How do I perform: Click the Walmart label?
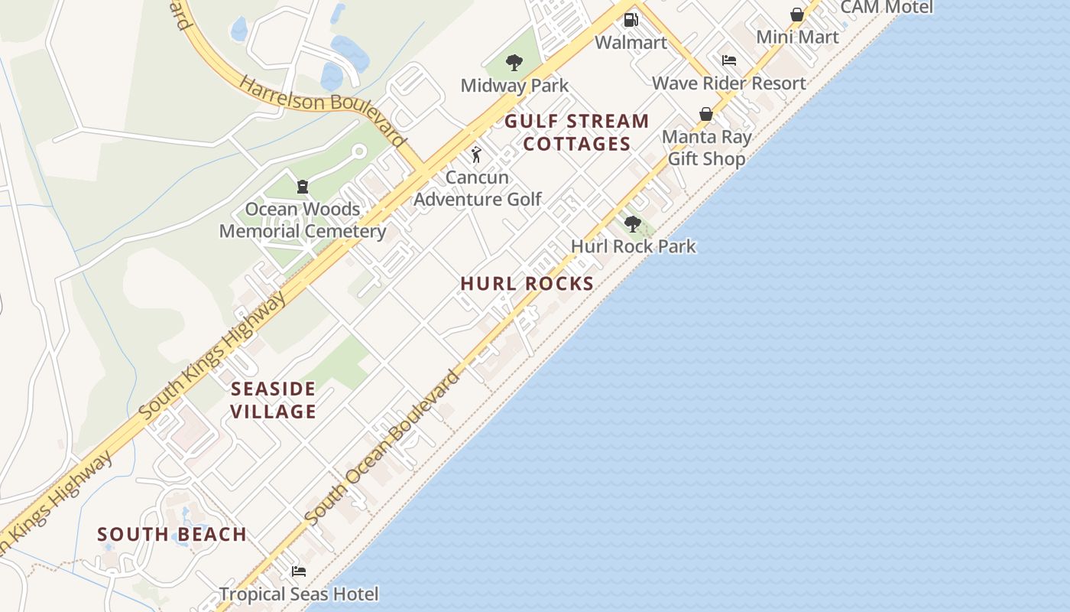631,42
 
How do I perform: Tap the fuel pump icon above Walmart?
631,20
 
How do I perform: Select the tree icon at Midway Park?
514,63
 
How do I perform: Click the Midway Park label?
514,85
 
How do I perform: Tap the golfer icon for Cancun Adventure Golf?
476,155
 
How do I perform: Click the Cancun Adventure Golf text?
478,188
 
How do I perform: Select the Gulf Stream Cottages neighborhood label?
577,132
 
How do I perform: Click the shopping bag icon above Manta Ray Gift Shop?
706,115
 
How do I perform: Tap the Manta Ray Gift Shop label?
706,148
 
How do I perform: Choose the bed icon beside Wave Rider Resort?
729,60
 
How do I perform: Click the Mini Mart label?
797,37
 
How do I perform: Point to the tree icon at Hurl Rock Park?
632,224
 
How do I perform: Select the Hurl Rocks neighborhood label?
527,283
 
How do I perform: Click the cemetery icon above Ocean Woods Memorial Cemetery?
302,187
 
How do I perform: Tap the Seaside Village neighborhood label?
274,400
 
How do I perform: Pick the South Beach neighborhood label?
172,534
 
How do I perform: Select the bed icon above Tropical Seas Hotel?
299,571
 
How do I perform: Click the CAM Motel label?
887,8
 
